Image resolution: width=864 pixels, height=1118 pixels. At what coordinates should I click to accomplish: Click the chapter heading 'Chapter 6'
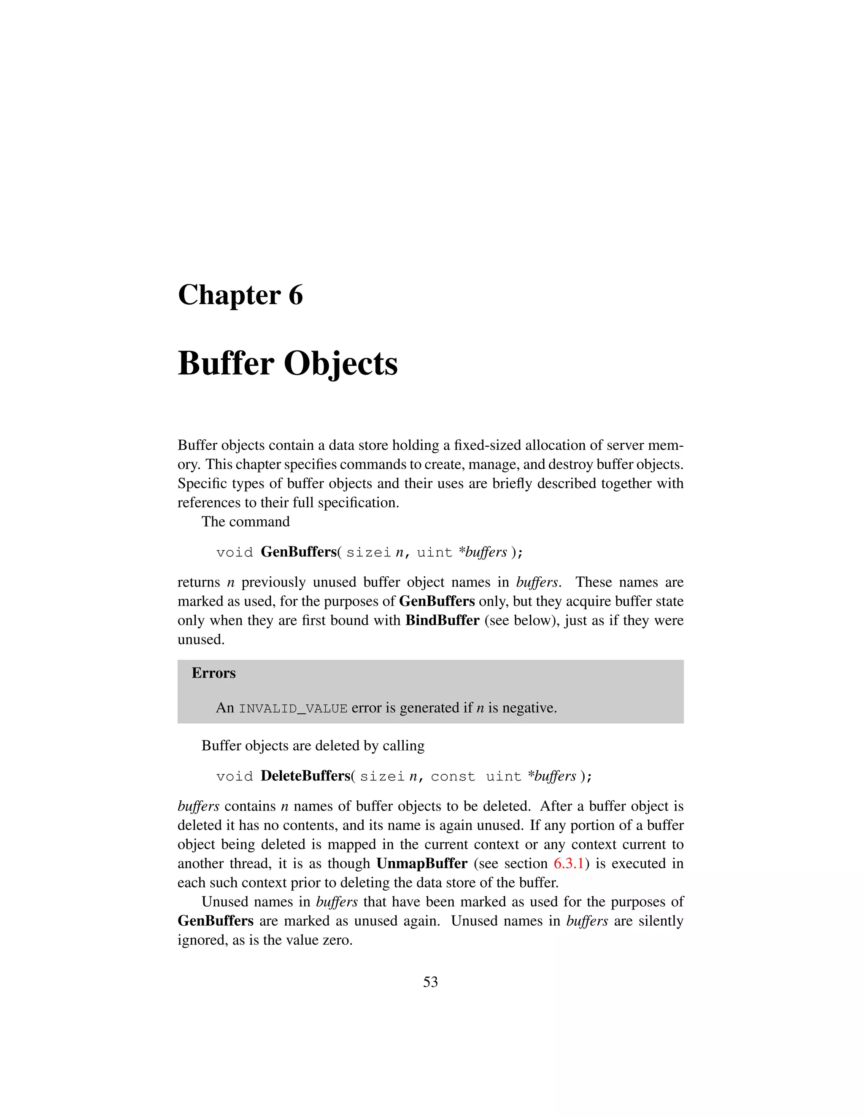click(240, 295)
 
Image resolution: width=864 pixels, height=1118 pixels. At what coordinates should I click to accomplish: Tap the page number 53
click(430, 982)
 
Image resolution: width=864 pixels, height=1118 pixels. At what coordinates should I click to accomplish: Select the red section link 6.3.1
click(568, 864)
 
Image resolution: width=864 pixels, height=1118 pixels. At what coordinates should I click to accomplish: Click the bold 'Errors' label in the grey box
click(213, 672)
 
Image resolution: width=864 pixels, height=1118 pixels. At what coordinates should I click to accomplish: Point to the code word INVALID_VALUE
click(293, 708)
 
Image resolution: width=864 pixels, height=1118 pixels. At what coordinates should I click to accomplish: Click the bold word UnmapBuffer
click(422, 864)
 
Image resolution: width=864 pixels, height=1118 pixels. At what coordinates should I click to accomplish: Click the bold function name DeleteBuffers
click(305, 776)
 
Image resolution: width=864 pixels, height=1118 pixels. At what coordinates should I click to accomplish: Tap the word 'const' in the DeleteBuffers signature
click(453, 777)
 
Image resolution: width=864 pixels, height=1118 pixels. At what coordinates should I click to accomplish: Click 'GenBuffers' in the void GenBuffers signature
click(298, 552)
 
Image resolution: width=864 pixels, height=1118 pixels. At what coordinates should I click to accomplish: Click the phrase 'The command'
click(245, 521)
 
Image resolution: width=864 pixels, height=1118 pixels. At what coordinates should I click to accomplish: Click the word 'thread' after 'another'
click(249, 864)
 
